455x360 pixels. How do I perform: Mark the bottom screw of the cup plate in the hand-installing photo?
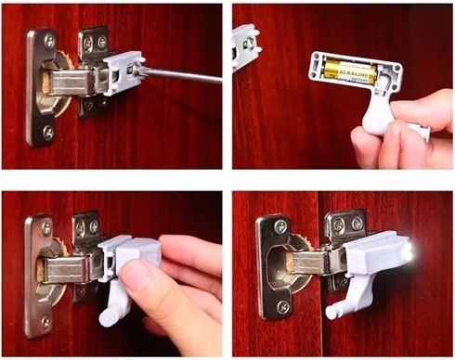(46, 321)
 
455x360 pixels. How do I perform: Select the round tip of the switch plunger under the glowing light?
(331, 312)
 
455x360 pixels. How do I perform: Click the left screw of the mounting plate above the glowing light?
(336, 225)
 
